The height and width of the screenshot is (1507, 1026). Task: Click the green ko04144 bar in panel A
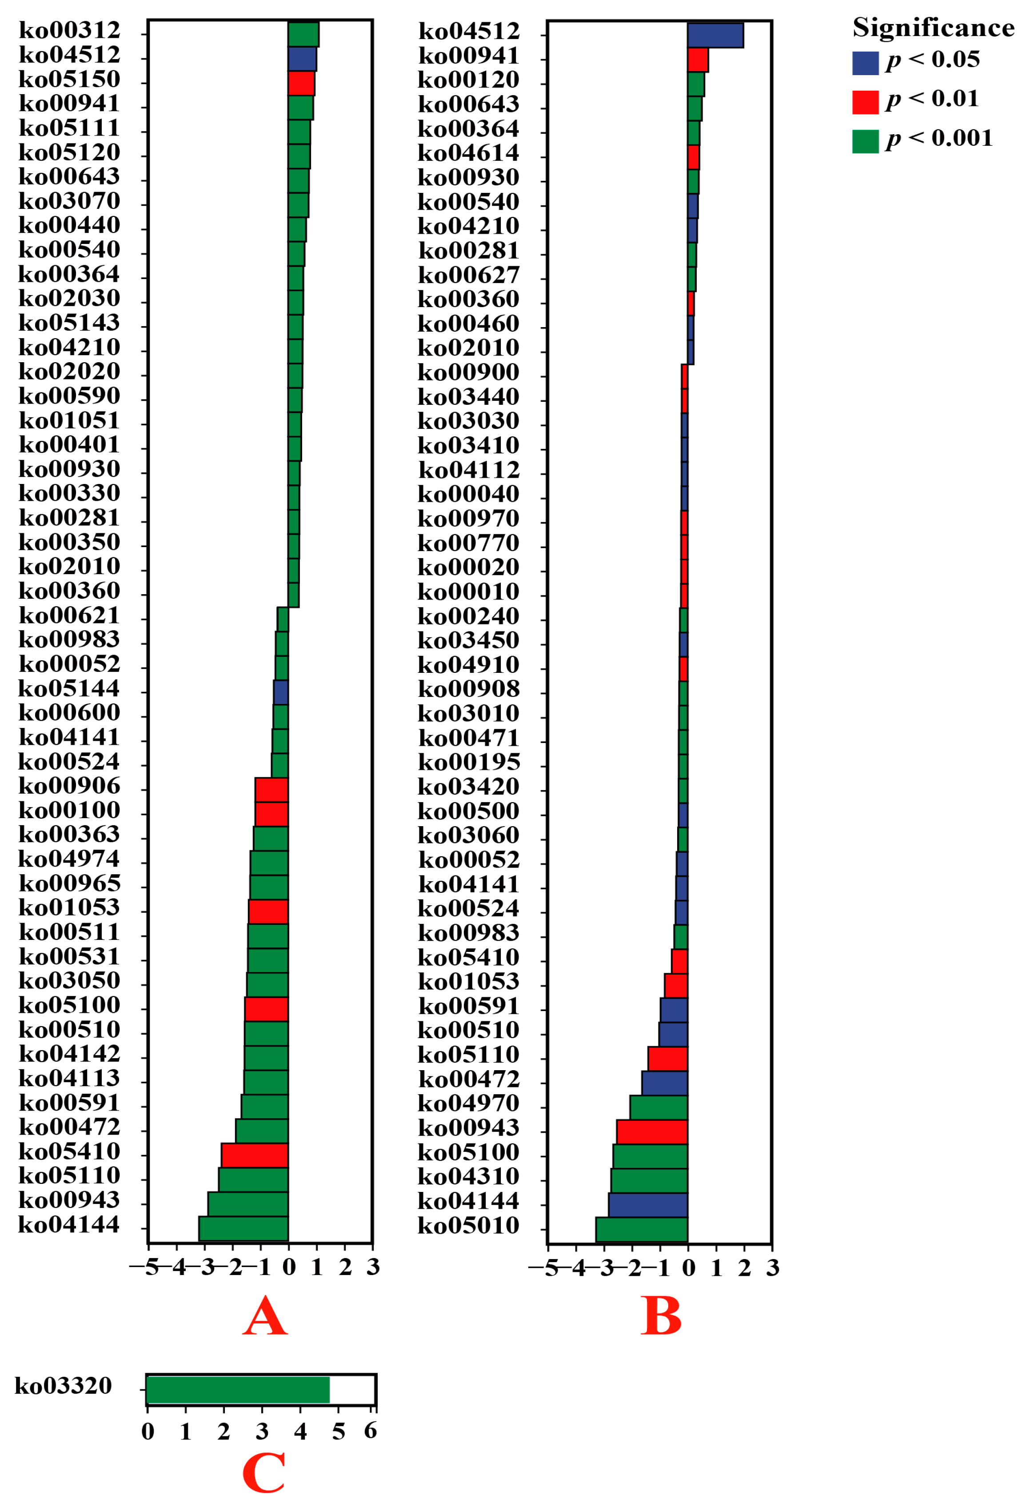(243, 1228)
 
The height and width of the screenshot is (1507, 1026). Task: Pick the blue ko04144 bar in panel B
(647, 1204)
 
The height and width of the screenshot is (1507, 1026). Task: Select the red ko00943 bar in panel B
(652, 1131)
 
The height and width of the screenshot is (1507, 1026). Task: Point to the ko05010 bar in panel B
(641, 1229)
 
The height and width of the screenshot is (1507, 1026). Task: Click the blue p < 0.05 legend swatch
(865, 63)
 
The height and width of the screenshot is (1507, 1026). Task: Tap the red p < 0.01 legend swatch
(865, 102)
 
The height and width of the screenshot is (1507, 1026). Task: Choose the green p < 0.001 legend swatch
(865, 141)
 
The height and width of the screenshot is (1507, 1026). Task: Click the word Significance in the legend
(933, 28)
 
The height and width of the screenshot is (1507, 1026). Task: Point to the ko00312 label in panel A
(69, 30)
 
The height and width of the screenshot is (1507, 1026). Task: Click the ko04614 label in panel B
(468, 153)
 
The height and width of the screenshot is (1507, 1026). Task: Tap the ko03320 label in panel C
(63, 1386)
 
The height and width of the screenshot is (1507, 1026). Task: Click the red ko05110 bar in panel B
(667, 1058)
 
